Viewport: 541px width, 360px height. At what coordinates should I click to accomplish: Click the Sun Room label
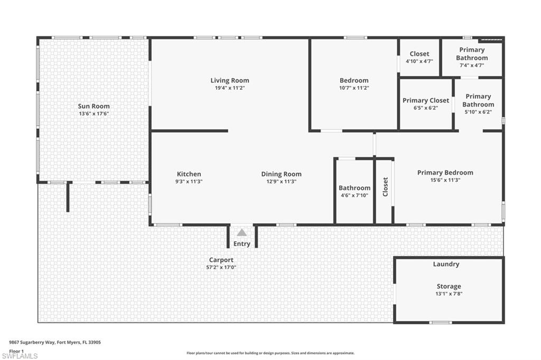(94, 106)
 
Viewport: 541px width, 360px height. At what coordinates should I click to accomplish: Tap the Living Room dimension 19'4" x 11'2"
(230, 88)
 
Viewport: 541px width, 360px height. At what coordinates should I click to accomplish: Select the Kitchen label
(189, 174)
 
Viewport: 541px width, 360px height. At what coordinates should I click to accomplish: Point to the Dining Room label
(281, 174)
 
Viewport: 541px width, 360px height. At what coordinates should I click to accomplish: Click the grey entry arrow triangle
(241, 232)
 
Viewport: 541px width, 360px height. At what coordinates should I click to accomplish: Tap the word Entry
(241, 244)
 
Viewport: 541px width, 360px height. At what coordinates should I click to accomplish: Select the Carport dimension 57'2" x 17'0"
(221, 267)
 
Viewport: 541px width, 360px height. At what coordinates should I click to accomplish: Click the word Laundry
(446, 264)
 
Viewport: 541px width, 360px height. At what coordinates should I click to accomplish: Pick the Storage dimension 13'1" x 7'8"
(449, 293)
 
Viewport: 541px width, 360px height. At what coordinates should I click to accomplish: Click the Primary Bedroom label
(445, 173)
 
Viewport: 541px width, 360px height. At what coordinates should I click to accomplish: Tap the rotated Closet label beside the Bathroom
(385, 187)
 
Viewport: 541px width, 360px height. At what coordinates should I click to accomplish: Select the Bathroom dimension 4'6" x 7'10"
(354, 195)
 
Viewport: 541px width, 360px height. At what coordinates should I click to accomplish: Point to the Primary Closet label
(426, 100)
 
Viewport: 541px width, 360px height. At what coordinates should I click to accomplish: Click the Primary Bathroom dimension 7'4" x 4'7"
(472, 65)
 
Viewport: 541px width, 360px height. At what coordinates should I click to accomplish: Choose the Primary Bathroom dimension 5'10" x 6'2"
(478, 112)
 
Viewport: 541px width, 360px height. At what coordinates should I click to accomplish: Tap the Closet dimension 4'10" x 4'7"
(419, 61)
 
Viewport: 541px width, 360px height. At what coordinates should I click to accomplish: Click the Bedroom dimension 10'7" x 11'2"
(354, 88)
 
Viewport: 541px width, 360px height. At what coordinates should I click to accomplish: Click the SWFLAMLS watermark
(20, 355)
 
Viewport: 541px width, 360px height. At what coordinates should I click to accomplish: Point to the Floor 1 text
(17, 350)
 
